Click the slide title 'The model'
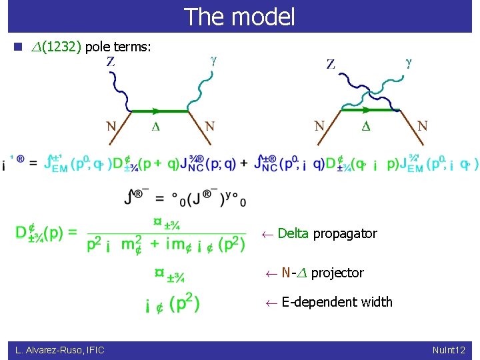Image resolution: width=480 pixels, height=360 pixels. tap(239, 17)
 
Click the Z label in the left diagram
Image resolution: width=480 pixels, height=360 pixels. tap(111, 61)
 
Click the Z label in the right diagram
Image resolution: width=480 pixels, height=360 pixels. tap(331, 64)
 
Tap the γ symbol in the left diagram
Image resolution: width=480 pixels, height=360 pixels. tap(213, 60)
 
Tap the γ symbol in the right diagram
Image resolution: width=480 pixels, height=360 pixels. tap(409, 63)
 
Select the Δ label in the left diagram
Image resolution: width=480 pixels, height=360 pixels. tap(155, 126)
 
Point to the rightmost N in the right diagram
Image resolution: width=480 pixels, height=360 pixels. tap(421, 125)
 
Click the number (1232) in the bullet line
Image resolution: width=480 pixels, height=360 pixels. tap(61, 47)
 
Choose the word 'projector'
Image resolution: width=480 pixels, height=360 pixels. tap(337, 273)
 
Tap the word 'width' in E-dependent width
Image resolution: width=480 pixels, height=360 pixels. tap(377, 302)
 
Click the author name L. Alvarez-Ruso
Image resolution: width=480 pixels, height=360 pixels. tap(45, 349)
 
